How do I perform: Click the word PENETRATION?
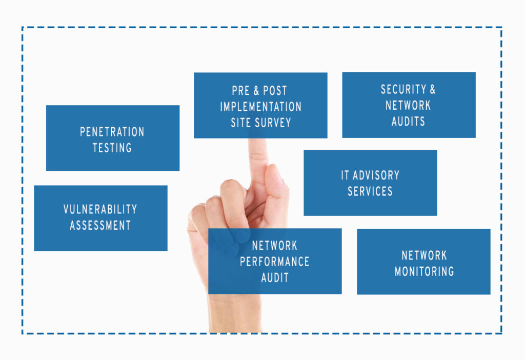(x=112, y=132)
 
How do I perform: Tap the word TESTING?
(x=112, y=148)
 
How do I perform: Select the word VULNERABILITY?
(x=100, y=209)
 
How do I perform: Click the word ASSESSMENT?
(x=100, y=225)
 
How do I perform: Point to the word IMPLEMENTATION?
(x=260, y=107)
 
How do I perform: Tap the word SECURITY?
(x=403, y=89)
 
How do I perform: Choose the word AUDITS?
(x=408, y=122)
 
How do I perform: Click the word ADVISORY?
(x=376, y=175)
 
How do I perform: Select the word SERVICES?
(x=370, y=191)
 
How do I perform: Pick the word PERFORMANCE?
(x=274, y=262)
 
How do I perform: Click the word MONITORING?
(x=424, y=271)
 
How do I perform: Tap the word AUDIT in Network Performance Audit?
(x=274, y=277)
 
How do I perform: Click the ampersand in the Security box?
(x=432, y=89)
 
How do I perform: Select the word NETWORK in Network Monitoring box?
(x=424, y=255)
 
